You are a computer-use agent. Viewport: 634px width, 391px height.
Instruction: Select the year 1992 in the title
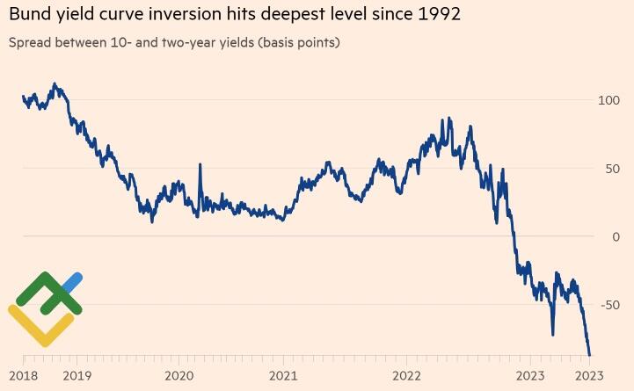click(437, 15)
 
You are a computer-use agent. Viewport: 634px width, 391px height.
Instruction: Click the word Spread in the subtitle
click(30, 42)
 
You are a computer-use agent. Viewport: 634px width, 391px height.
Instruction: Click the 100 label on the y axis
click(608, 100)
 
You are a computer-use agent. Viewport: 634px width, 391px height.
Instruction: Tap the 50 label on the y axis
click(611, 169)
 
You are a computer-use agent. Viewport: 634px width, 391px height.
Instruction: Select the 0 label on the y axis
click(616, 236)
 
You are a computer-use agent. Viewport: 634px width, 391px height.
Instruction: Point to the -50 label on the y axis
click(609, 305)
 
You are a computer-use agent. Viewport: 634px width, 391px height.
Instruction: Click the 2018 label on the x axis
click(23, 374)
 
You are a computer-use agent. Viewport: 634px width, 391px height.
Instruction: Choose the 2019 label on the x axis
click(76, 374)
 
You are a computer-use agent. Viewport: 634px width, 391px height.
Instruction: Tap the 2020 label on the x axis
click(179, 374)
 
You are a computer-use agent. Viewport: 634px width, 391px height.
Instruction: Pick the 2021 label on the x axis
click(282, 374)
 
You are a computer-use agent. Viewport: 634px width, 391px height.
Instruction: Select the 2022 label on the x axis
click(406, 374)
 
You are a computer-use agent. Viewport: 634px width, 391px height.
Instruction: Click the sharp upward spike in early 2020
click(200, 166)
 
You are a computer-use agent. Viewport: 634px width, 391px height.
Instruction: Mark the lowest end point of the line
click(589, 354)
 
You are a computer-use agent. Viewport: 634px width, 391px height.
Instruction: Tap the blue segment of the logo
click(73, 281)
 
